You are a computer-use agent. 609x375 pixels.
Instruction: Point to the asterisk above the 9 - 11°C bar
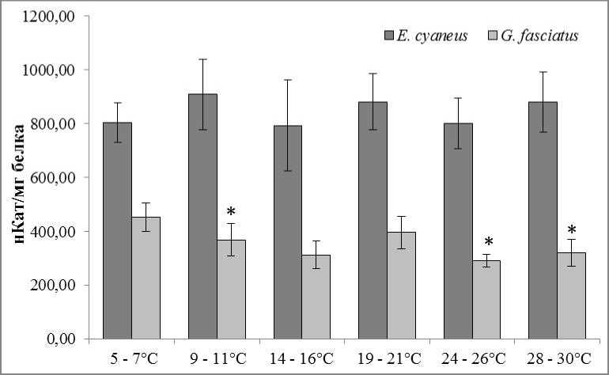[x=230, y=212]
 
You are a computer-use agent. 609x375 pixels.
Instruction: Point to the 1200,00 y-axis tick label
[x=53, y=16]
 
